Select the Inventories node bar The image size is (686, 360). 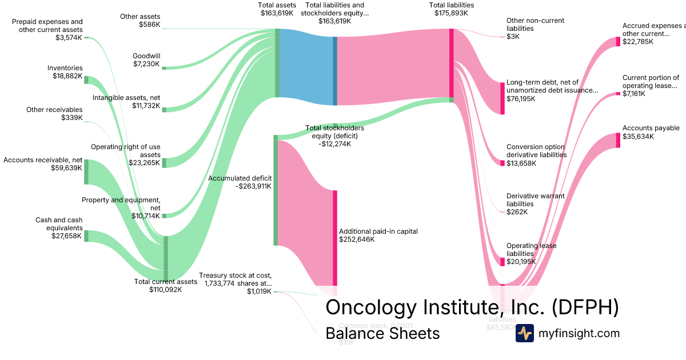tap(86, 79)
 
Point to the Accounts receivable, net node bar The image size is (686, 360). tap(86, 172)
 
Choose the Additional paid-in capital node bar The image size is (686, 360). tap(335, 237)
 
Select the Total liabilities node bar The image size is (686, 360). tap(451, 62)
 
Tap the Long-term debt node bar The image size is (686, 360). tap(502, 98)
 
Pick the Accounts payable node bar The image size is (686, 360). tap(618, 140)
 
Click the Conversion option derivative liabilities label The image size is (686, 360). tap(536, 151)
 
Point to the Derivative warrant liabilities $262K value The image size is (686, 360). tap(517, 212)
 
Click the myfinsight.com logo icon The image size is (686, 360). tap(524, 333)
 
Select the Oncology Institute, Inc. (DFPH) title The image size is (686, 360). tap(472, 307)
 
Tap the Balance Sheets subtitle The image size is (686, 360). tap(382, 333)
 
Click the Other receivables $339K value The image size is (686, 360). tap(71, 118)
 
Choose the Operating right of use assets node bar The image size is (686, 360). tap(164, 163)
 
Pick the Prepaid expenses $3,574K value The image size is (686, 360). tap(68, 38)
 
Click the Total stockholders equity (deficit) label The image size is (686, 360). tap(334, 136)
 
